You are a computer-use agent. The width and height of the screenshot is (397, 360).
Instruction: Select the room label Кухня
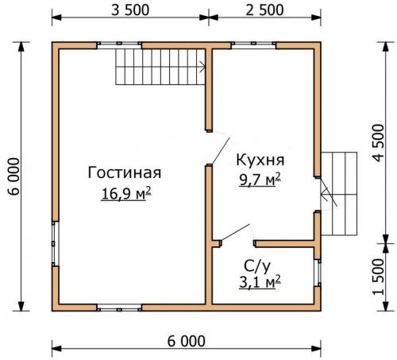[x=260, y=158]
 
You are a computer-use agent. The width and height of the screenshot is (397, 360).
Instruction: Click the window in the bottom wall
[x=119, y=307]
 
